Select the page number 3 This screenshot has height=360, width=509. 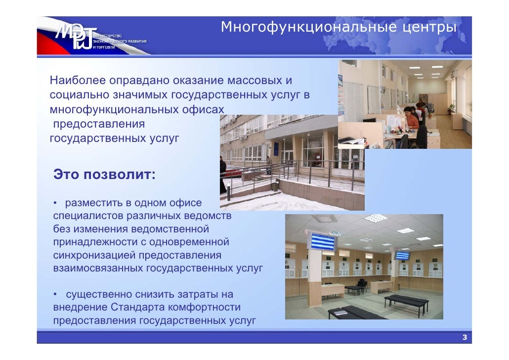(464, 338)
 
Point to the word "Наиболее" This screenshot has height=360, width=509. (77, 80)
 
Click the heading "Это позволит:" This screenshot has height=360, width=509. (104, 175)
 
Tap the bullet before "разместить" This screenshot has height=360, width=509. (56, 203)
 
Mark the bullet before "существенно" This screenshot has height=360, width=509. (56, 295)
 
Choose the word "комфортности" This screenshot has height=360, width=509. (211, 308)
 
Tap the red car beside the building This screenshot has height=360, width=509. (232, 171)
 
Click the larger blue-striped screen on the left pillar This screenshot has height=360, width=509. (322, 241)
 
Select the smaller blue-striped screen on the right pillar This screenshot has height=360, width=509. (402, 255)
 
